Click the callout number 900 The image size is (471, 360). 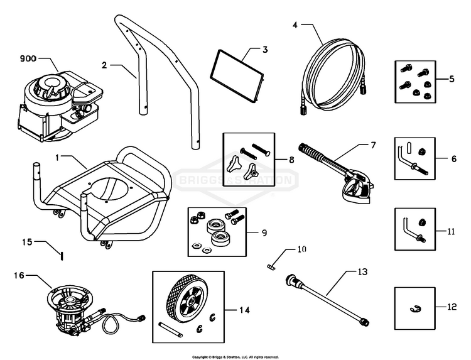click(27, 58)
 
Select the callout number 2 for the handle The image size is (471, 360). click(105, 63)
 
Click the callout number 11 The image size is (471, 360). click(451, 231)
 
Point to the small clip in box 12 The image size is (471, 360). click(414, 308)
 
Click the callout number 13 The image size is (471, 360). click(361, 272)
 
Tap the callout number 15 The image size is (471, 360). click(27, 241)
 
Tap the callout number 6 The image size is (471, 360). click(453, 159)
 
